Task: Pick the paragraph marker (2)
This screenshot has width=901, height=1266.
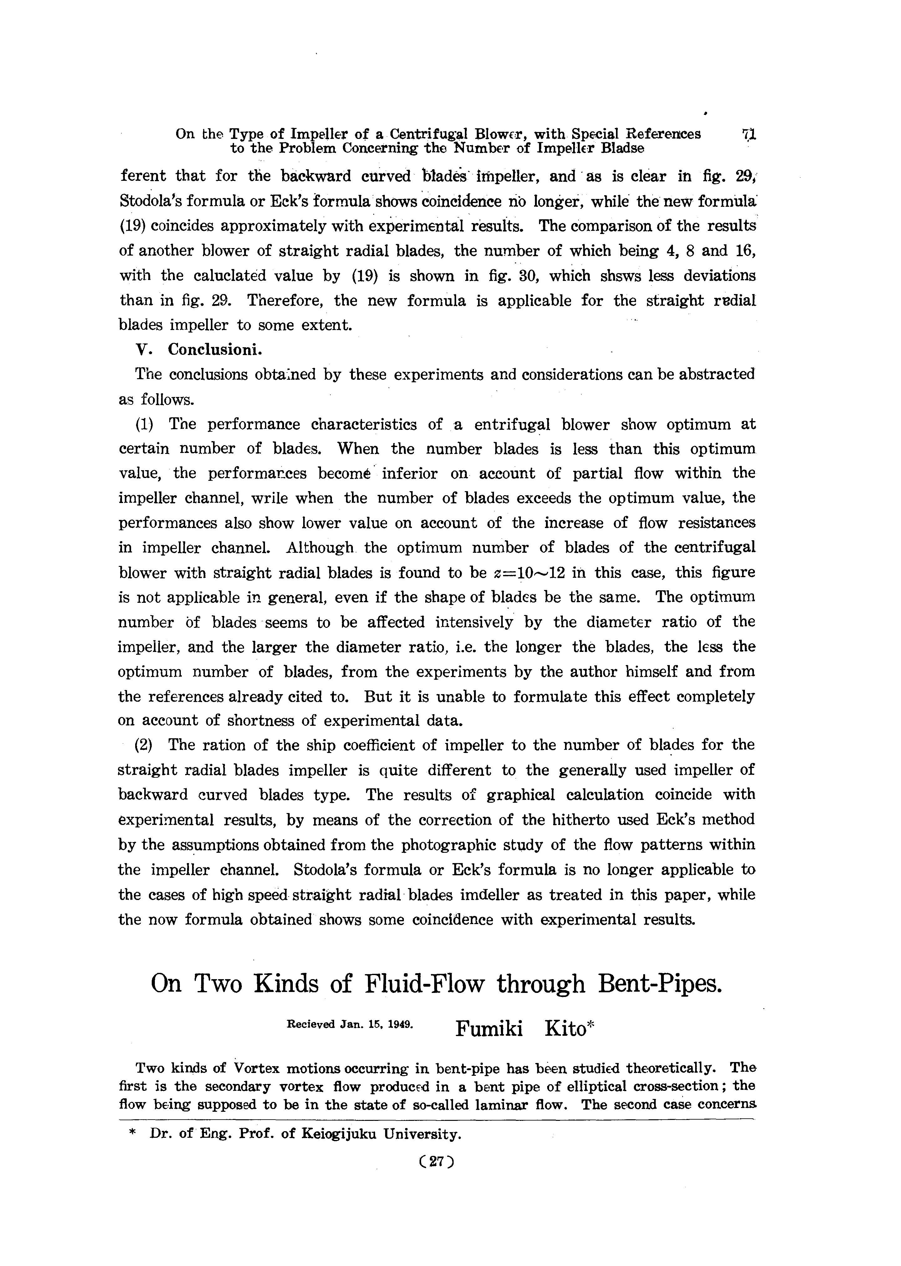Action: point(143,745)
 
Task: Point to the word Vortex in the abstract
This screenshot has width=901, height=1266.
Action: point(256,1068)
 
